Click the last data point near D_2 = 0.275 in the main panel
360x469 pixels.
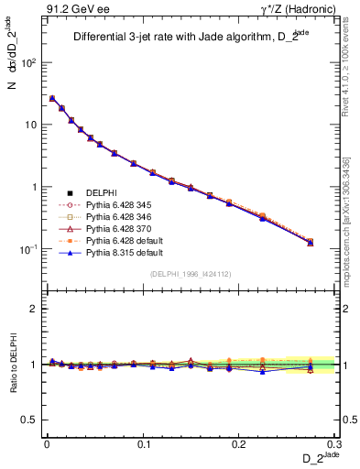point(310,243)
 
